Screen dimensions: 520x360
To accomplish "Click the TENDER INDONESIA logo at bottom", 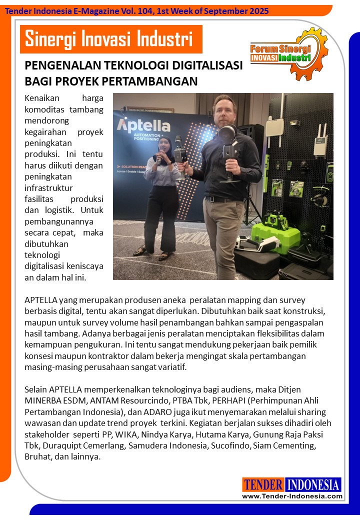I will coord(292,484).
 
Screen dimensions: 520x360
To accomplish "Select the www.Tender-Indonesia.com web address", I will coord(292,496).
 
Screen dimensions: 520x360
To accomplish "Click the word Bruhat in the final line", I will coord(36,456).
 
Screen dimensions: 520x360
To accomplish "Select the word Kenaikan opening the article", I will coord(41,98).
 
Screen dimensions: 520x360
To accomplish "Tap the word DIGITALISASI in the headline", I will coord(196,66).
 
